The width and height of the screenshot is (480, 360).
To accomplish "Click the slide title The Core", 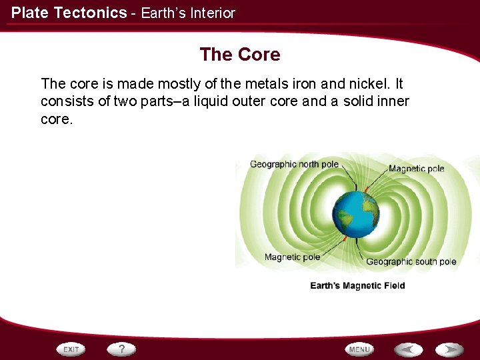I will (x=240, y=54).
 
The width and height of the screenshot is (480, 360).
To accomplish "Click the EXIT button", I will (x=71, y=349).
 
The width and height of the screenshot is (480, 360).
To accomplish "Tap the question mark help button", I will (x=122, y=349).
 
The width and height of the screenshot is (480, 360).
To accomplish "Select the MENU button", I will (x=359, y=349).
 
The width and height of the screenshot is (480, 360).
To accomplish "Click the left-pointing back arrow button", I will (x=408, y=349).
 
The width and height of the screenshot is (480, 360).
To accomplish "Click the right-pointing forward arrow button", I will (x=450, y=349).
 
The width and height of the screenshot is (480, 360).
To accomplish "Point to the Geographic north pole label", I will (x=294, y=165).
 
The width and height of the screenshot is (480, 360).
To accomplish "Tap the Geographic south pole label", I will (x=411, y=262).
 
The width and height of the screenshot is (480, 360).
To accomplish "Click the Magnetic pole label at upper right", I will (x=416, y=169).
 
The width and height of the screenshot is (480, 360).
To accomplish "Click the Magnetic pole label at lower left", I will (x=292, y=257).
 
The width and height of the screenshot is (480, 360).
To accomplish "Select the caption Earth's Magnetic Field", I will (x=357, y=285).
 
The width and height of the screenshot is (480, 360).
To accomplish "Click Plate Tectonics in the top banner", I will (x=69, y=13).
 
